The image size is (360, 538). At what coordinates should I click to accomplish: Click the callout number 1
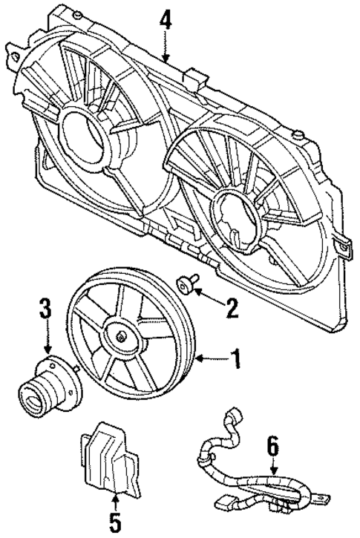[x=235, y=361]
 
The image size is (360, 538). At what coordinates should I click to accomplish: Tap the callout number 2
[x=232, y=307]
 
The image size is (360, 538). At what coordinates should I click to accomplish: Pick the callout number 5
[x=115, y=523]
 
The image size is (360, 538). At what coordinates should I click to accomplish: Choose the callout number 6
[x=272, y=446]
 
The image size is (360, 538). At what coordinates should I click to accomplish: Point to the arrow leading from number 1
[x=211, y=361]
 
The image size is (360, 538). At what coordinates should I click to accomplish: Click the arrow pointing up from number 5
[x=115, y=499]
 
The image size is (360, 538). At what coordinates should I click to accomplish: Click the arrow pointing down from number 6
[x=272, y=467]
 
